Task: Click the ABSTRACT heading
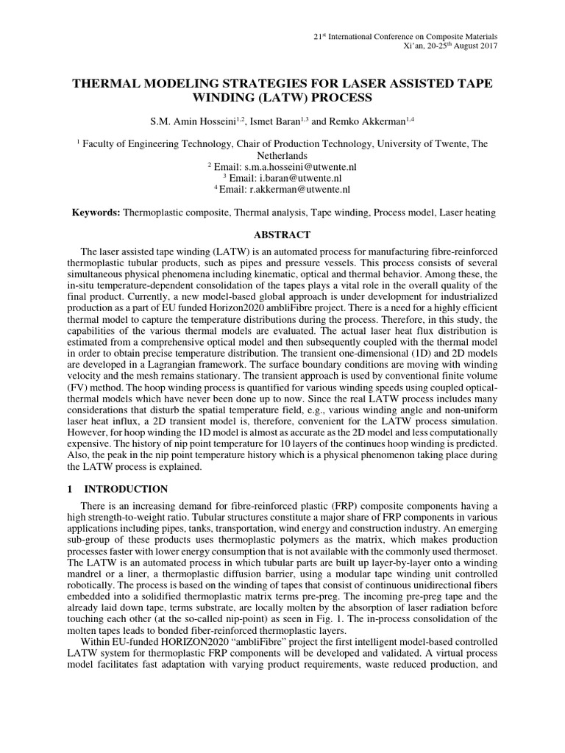[x=282, y=235]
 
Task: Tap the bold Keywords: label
[x=96, y=213]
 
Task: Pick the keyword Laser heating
[x=467, y=213]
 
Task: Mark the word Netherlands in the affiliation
[x=282, y=157]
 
